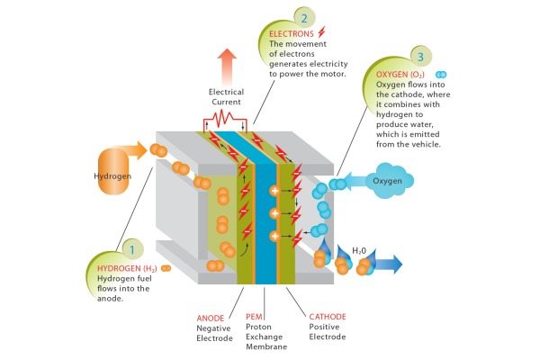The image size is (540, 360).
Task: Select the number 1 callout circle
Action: [x=132, y=250]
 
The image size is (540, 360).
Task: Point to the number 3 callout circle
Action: [x=419, y=57]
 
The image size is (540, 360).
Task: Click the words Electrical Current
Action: [x=226, y=96]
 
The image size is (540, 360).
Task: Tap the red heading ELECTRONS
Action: [x=292, y=33]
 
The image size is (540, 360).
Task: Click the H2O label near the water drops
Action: [x=359, y=250]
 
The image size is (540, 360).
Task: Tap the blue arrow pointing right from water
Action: [x=387, y=264]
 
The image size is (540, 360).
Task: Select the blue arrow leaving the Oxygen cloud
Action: [x=355, y=182]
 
